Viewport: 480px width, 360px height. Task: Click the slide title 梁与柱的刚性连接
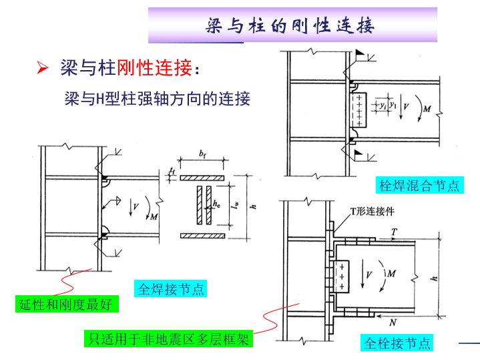291,26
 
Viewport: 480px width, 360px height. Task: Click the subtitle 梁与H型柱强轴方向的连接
157,100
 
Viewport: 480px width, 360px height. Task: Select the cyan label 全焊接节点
170,289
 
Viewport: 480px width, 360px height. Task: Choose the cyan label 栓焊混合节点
419,186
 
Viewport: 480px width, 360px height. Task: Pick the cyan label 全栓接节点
397,343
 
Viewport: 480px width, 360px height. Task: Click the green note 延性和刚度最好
65,305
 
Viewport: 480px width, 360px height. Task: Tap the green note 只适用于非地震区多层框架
169,339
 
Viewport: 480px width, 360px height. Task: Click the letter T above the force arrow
395,231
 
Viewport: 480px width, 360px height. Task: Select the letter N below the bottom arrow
393,321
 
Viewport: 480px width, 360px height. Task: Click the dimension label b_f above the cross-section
202,155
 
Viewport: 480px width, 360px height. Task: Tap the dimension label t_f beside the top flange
172,171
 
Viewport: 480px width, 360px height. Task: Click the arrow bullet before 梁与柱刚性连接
41,68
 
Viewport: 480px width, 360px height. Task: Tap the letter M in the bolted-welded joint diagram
427,108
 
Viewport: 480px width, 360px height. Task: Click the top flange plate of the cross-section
202,178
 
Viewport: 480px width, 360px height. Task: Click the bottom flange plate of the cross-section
202,235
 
